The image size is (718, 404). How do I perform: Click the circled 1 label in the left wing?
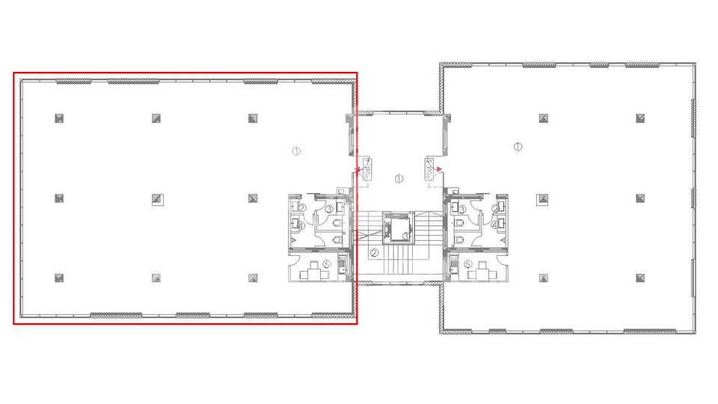[x=296, y=151]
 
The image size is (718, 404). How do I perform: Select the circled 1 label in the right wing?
[x=518, y=146]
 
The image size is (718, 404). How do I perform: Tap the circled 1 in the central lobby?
[x=399, y=179]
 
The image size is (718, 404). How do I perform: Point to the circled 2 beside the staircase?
[x=373, y=252]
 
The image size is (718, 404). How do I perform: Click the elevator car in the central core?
[x=397, y=228]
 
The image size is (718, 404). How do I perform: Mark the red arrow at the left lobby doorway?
[x=359, y=171]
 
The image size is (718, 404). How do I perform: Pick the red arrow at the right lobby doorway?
[x=440, y=170]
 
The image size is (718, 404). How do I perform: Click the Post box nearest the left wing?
[x=367, y=168]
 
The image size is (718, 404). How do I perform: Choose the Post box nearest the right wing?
[x=430, y=167]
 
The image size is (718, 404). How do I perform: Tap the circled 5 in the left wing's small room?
[x=327, y=263]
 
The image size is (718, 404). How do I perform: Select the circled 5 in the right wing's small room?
[x=467, y=263]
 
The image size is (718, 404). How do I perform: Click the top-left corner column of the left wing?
[x=59, y=117]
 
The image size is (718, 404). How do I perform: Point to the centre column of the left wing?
[x=157, y=198]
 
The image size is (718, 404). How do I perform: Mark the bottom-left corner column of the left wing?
[x=59, y=278]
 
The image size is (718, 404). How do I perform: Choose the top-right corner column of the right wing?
[x=641, y=117]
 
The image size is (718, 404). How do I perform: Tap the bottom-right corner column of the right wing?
[x=641, y=278]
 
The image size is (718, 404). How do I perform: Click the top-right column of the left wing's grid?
[x=254, y=117]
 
